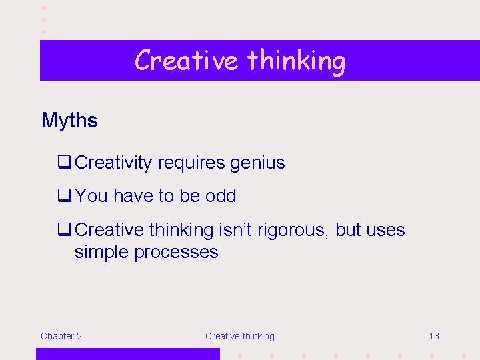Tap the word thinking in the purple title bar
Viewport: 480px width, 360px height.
pos(296,60)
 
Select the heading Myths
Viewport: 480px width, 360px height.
pos(69,121)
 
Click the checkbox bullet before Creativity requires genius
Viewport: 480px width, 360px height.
pos(65,162)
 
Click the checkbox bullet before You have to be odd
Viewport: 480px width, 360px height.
pos(65,195)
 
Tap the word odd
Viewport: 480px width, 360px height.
pos(221,196)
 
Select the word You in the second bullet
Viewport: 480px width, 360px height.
pos(91,196)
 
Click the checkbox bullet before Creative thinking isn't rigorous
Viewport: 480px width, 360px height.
pos(65,229)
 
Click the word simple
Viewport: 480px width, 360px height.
pos(102,252)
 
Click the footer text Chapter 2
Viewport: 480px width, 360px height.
pos(61,336)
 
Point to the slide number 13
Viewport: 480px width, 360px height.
pos(433,336)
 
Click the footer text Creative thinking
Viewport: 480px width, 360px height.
pos(239,336)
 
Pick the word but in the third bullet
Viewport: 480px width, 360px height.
pos(348,230)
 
